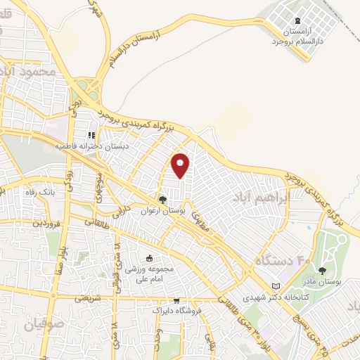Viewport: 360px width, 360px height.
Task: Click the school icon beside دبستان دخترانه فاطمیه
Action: [91, 135]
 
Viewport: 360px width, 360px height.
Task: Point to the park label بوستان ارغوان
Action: [163, 211]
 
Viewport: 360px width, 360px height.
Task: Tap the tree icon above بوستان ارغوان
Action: [163, 200]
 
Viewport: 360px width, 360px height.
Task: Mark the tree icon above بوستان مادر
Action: [322, 270]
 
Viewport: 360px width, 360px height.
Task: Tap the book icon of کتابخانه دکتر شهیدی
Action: [275, 285]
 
